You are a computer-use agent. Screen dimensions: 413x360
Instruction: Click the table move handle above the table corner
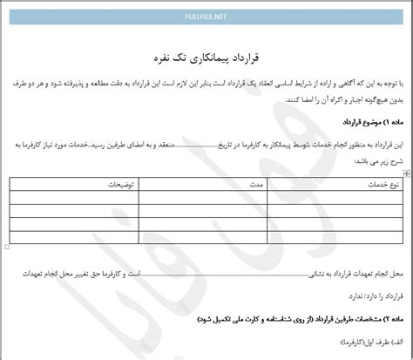tap(406, 174)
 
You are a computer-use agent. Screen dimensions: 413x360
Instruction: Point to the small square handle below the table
tap(8, 248)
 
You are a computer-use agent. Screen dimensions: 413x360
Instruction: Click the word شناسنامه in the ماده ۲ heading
tap(260, 323)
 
